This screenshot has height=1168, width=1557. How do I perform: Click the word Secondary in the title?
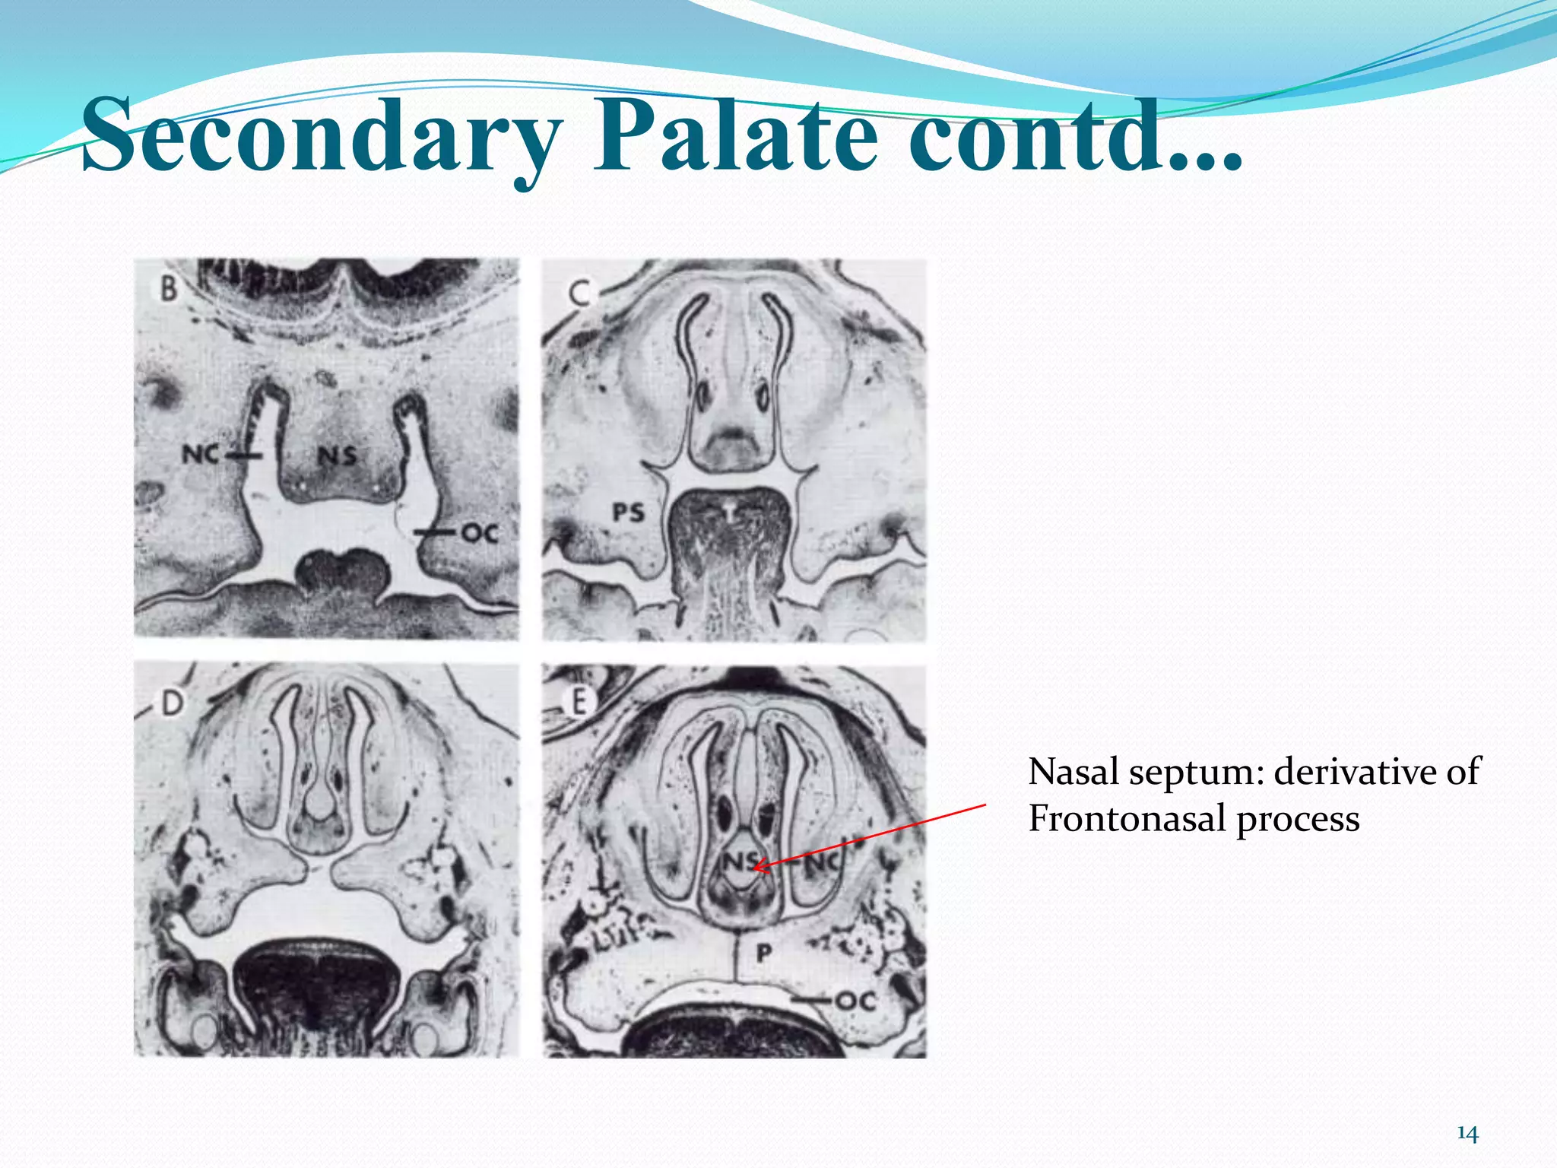coord(319,137)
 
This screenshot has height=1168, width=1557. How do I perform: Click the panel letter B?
coord(168,288)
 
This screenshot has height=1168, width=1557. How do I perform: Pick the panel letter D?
coord(172,703)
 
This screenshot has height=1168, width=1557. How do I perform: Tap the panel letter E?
coord(579,701)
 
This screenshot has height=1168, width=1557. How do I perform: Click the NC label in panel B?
coord(201,455)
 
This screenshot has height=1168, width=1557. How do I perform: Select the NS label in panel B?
coord(337,455)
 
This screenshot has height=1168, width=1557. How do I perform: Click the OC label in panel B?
coord(480,534)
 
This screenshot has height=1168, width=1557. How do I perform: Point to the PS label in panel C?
coord(629,513)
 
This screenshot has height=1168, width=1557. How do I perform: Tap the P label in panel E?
coord(764,952)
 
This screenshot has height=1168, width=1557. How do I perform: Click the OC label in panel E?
coord(856,1001)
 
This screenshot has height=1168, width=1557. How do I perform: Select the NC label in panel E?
coord(823,863)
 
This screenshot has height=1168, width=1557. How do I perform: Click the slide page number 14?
coord(1467,1134)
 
